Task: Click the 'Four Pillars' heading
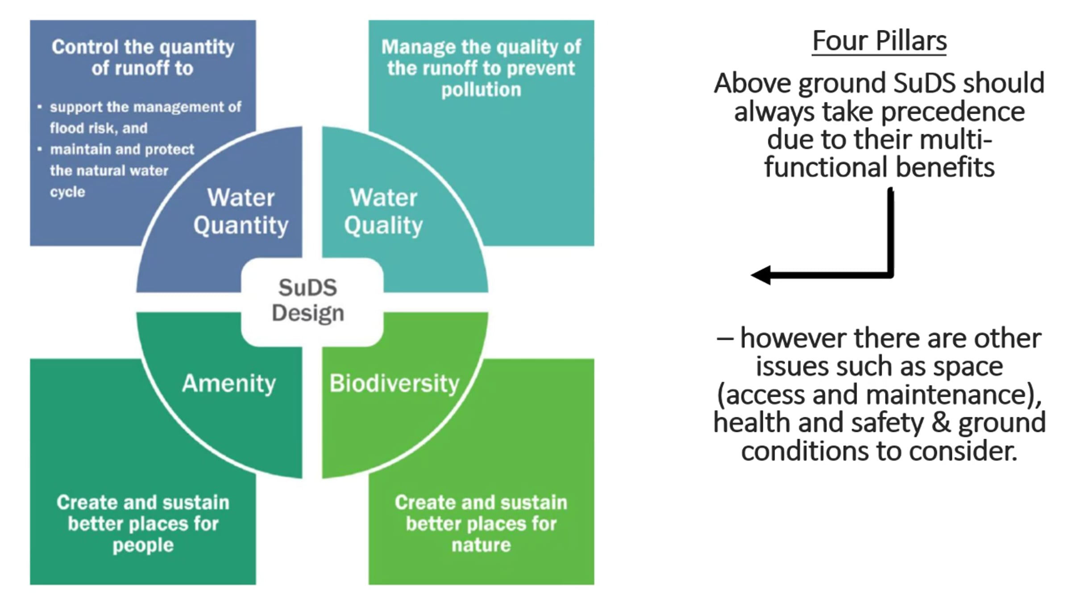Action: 879,41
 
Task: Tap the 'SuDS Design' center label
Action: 308,300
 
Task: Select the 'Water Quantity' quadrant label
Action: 241,211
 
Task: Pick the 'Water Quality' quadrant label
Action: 383,211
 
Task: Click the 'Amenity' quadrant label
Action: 229,384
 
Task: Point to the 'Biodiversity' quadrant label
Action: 394,384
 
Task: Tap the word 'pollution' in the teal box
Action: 481,90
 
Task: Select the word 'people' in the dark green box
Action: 143,545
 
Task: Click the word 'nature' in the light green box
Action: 481,545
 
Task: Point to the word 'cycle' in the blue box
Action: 67,192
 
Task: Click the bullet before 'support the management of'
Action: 40,107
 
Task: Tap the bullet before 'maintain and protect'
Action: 40,149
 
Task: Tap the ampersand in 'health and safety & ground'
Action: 941,423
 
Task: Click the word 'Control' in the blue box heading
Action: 85,47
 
